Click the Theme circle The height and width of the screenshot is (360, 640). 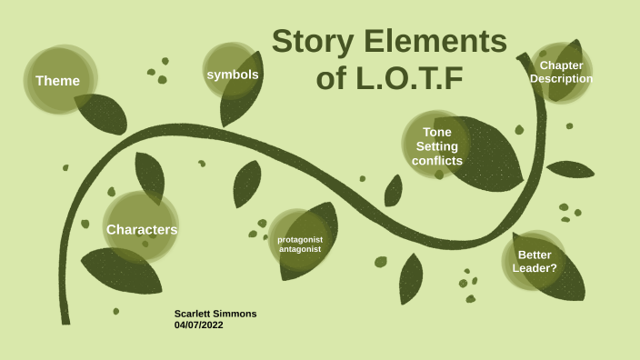click(x=58, y=80)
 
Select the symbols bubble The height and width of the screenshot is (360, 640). click(x=233, y=74)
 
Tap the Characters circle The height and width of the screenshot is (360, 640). click(x=141, y=229)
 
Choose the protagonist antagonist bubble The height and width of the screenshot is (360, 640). click(x=300, y=244)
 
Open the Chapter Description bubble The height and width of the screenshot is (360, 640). click(x=561, y=72)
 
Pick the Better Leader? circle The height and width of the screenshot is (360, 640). click(x=535, y=262)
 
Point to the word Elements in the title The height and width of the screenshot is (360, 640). click(x=435, y=42)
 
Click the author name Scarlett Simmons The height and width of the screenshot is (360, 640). click(x=215, y=314)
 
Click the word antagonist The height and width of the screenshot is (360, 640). click(x=300, y=249)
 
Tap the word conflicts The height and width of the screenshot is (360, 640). click(x=437, y=161)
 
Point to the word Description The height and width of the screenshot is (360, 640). click(x=561, y=79)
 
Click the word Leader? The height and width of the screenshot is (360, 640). click(x=535, y=269)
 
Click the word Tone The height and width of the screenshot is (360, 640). click(x=437, y=132)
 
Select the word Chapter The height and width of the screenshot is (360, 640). click(x=562, y=65)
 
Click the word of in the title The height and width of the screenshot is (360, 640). click(x=332, y=79)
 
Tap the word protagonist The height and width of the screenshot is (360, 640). click(x=300, y=239)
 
